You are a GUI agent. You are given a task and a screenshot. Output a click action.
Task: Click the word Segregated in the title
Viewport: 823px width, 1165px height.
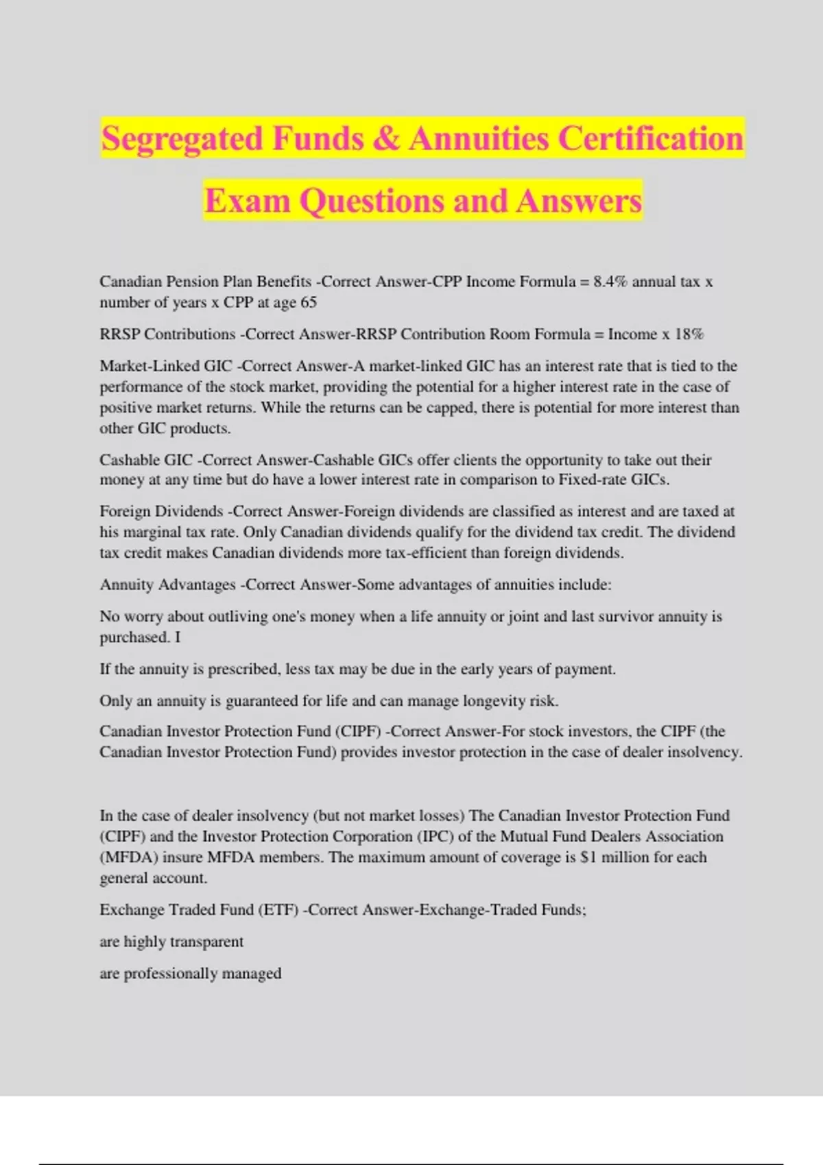tap(182, 139)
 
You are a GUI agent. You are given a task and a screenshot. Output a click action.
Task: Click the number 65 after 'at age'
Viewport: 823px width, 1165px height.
tap(309, 302)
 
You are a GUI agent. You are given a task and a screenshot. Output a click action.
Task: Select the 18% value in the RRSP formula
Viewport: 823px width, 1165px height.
tap(689, 334)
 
